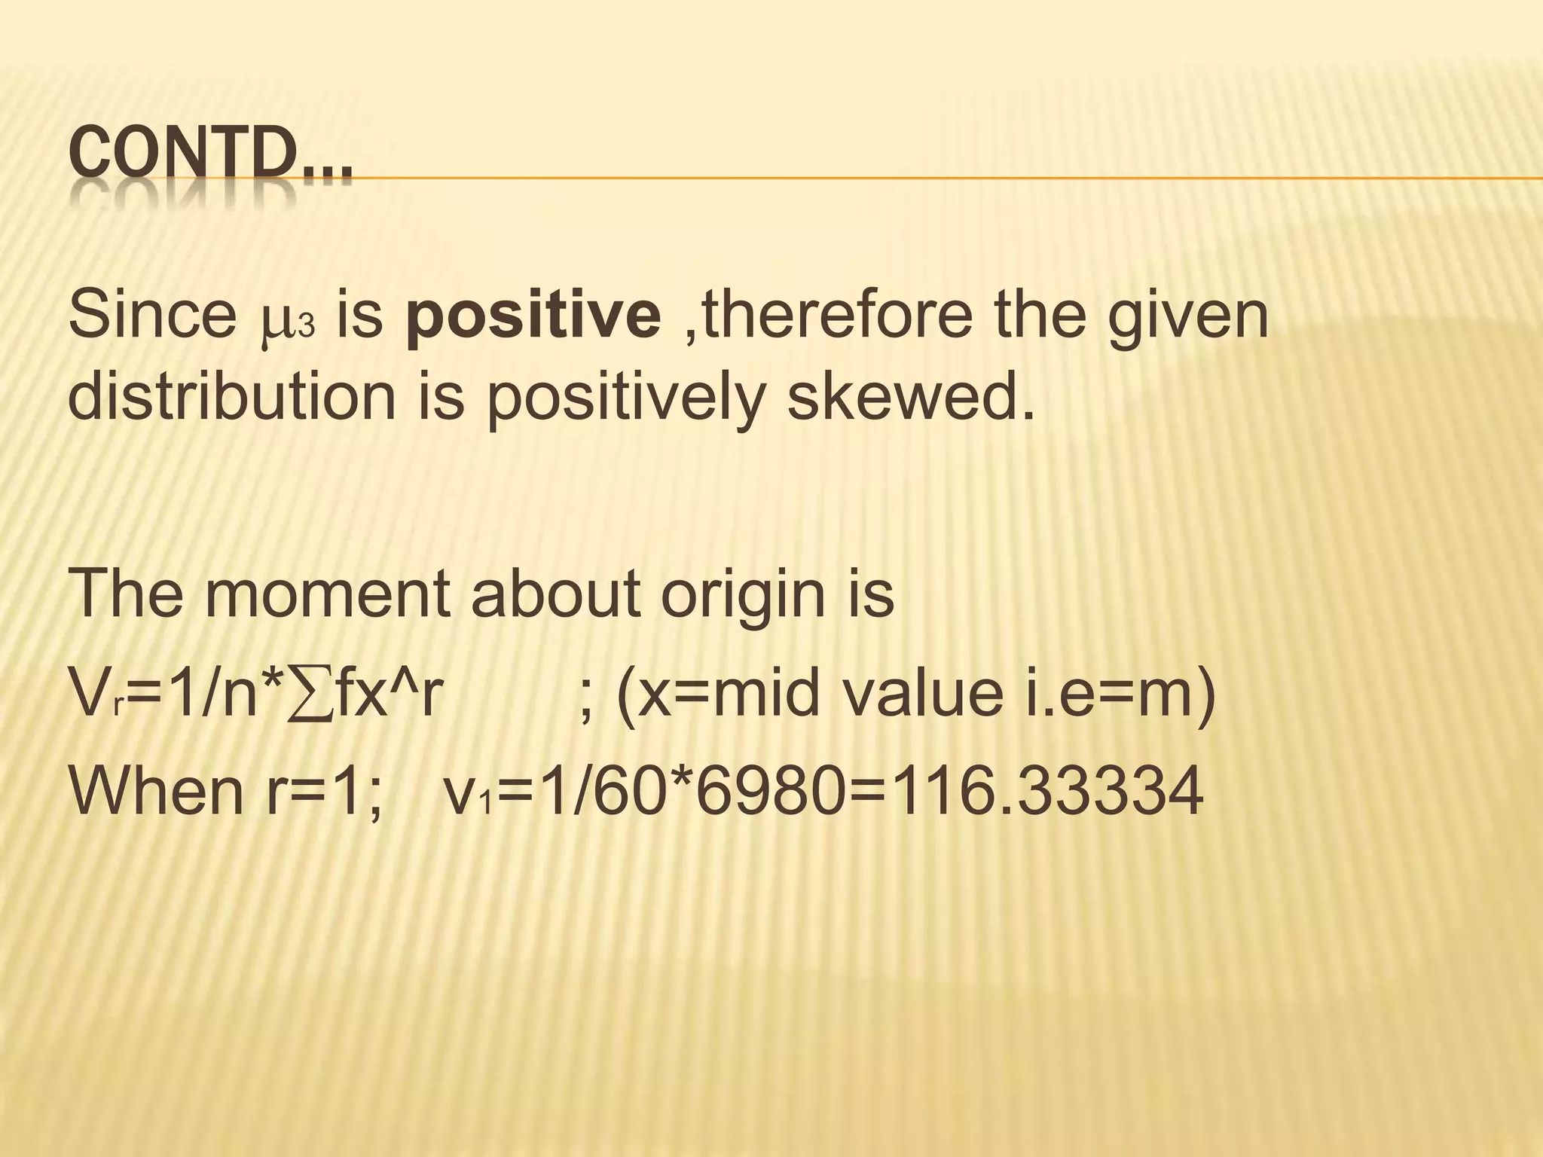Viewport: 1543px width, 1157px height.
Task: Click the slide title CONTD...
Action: (209, 156)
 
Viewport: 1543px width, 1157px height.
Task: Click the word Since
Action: (151, 314)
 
